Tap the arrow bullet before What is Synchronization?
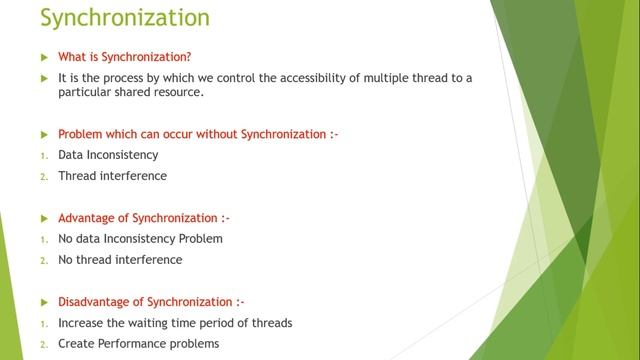coord(43,56)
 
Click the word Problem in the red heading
coord(80,134)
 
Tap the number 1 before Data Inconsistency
coord(43,156)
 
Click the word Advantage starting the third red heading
coord(87,218)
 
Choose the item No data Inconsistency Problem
coord(140,239)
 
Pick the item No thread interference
coord(120,260)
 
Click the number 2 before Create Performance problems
coord(43,344)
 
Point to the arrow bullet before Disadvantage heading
coord(43,302)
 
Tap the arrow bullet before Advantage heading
coord(43,218)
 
